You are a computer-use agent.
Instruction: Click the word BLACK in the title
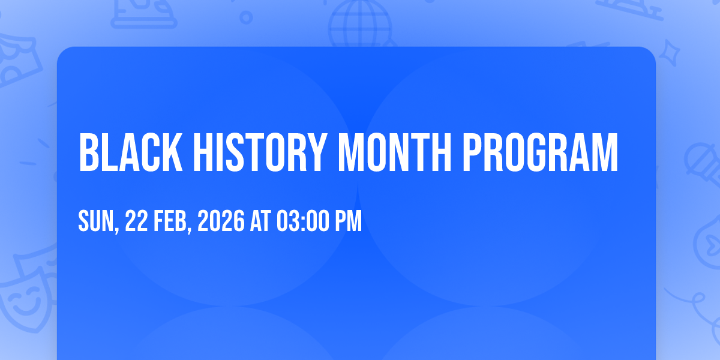(131, 152)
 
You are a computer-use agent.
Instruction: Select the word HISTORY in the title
(260, 152)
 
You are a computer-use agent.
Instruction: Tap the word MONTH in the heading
(395, 152)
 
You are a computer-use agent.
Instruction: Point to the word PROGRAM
(539, 152)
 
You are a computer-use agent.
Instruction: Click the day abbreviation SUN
(97, 221)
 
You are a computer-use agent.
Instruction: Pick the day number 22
(136, 221)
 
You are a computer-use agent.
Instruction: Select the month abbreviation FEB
(170, 221)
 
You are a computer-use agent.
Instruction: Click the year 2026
(221, 221)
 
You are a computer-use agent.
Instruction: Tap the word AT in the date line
(260, 221)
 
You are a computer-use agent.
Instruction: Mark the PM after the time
(349, 221)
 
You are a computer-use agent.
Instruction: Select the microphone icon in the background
(703, 164)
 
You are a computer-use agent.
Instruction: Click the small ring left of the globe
(246, 17)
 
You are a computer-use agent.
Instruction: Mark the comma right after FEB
(190, 229)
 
